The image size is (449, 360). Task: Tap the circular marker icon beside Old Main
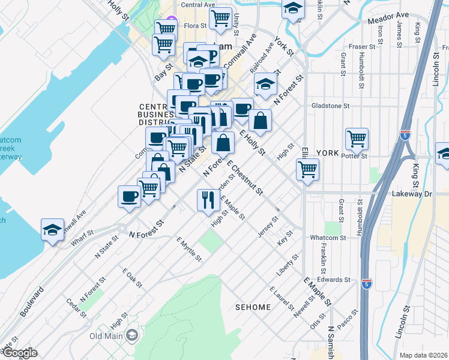(132, 335)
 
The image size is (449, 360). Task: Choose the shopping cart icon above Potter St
(357, 139)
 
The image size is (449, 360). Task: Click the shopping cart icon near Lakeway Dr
(307, 169)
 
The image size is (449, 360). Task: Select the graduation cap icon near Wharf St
(53, 229)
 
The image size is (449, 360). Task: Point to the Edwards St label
(334, 280)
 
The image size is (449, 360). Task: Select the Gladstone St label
(330, 106)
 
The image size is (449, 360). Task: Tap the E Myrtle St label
(189, 249)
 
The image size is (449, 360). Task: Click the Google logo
(19, 353)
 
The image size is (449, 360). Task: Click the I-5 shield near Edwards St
(367, 282)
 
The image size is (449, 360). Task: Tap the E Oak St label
(133, 280)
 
